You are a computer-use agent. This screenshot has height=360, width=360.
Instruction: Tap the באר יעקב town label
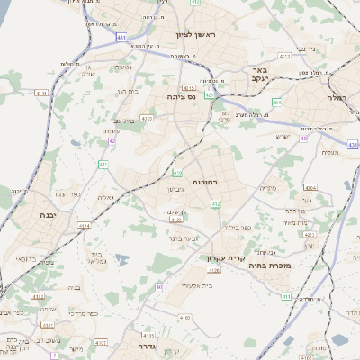(260, 75)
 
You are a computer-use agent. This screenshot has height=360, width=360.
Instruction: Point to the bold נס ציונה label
(184, 95)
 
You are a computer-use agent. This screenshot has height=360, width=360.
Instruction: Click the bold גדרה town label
(148, 345)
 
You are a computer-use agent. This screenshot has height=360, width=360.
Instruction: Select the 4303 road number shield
(146, 118)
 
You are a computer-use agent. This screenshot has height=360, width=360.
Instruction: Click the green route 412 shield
(215, 205)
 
